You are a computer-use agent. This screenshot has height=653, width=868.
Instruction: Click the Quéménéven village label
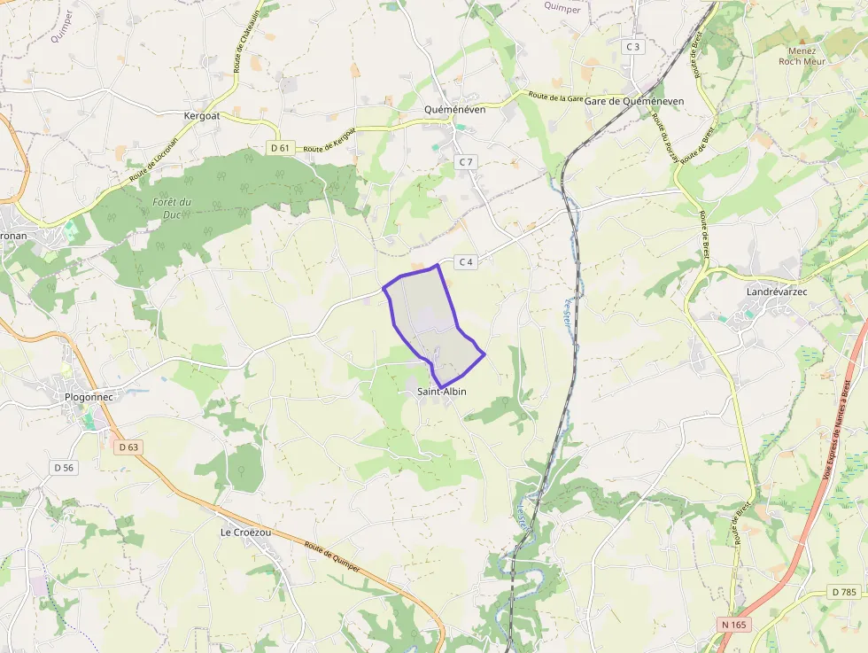pyautogui.click(x=454, y=110)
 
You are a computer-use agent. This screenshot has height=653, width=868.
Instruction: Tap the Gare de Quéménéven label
pyautogui.click(x=633, y=102)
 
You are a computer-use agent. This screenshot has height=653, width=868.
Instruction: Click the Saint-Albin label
pyautogui.click(x=441, y=392)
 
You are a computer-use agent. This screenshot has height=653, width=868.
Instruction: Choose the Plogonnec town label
pyautogui.click(x=89, y=397)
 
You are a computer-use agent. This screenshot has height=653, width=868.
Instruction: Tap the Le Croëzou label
pyautogui.click(x=245, y=533)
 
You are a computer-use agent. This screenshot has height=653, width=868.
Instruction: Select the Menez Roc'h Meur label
pyautogui.click(x=802, y=57)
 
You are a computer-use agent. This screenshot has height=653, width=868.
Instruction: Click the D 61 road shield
pyautogui.click(x=280, y=148)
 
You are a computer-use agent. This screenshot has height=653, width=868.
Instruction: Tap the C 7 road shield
pyautogui.click(x=466, y=162)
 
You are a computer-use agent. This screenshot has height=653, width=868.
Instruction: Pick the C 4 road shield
pyautogui.click(x=466, y=261)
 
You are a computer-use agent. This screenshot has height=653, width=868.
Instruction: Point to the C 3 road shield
pyautogui.click(x=632, y=46)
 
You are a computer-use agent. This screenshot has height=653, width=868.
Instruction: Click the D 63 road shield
pyautogui.click(x=128, y=447)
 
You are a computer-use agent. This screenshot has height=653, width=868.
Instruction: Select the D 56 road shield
pyautogui.click(x=64, y=467)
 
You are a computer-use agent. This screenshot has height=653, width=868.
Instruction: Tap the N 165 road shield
pyautogui.click(x=733, y=625)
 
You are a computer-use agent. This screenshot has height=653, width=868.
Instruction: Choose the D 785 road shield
pyautogui.click(x=844, y=592)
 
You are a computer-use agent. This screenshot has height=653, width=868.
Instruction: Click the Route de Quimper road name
pyautogui.click(x=331, y=557)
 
